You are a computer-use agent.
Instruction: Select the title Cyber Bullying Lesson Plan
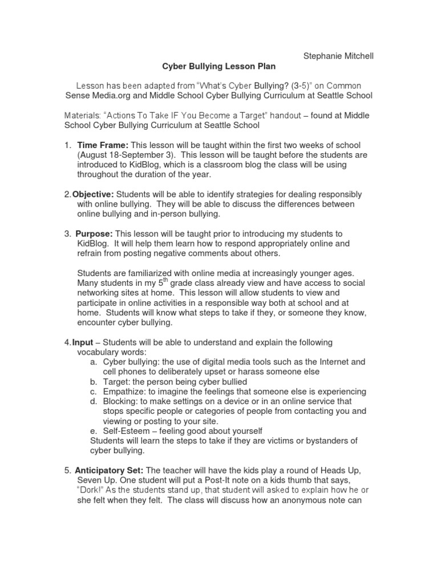tap(218, 67)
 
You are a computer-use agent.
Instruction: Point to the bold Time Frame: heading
tap(99, 145)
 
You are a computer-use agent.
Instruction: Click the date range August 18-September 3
tap(129, 155)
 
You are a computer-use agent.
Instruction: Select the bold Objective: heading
tap(93, 195)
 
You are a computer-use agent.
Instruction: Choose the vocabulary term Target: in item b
tap(116, 381)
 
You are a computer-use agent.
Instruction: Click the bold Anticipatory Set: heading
tap(109, 470)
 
